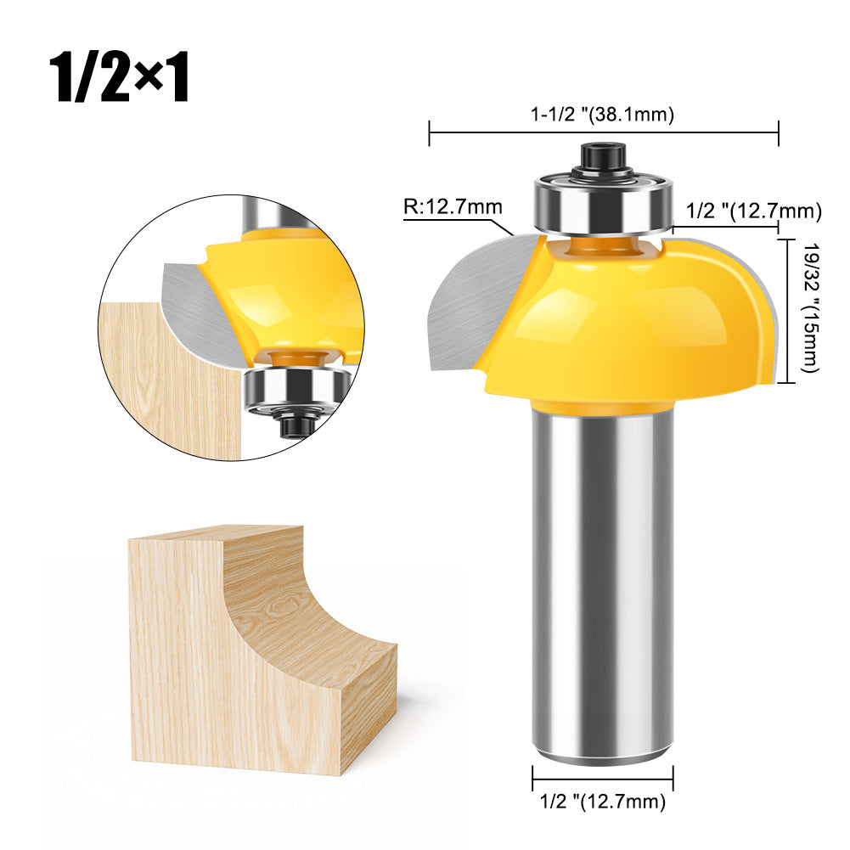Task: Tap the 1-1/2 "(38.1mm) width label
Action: tap(604, 114)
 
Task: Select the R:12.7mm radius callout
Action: tap(453, 206)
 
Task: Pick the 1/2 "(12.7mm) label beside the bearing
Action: tap(754, 210)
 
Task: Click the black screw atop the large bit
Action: tap(603, 158)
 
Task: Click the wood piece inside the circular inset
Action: tap(170, 382)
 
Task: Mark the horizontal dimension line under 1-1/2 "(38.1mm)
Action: tap(604, 132)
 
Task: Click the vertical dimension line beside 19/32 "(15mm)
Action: tap(792, 310)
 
